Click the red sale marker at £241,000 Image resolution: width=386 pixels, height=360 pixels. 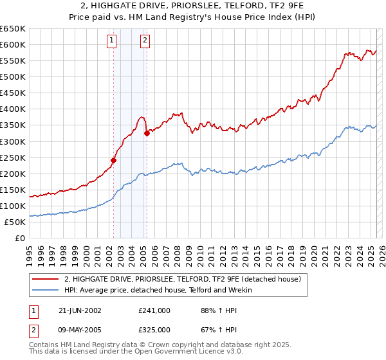(114, 160)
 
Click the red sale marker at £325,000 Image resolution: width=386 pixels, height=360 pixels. (147, 133)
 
